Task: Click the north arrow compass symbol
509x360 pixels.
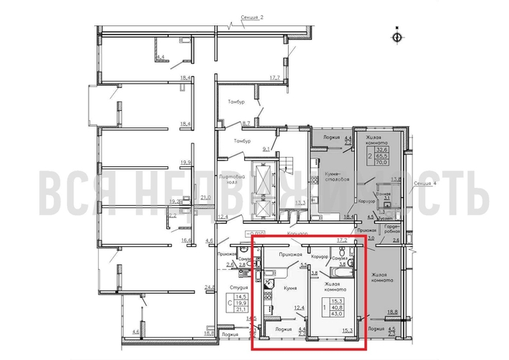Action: pyautogui.click(x=397, y=35)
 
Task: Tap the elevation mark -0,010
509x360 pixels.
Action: pyautogui.click(x=256, y=234)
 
